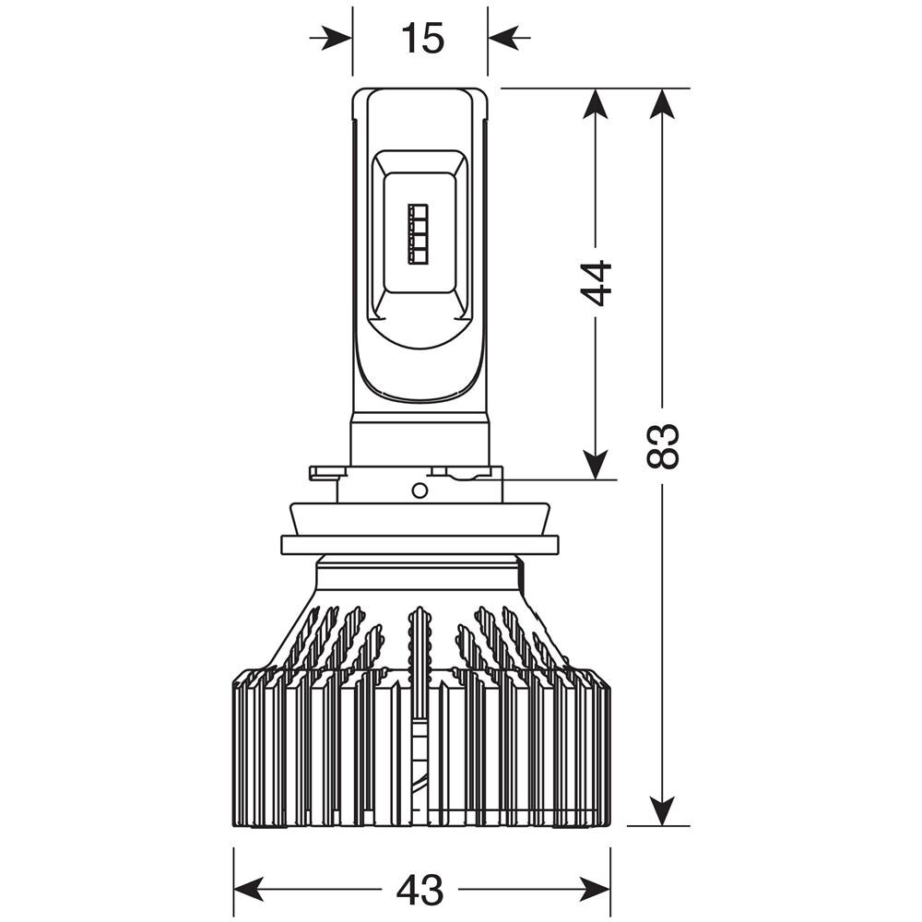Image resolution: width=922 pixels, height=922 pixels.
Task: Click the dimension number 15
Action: [422, 38]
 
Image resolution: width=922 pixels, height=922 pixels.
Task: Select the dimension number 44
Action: [597, 283]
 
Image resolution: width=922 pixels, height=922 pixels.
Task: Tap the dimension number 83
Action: [663, 445]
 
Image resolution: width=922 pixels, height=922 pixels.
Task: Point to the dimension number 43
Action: [420, 890]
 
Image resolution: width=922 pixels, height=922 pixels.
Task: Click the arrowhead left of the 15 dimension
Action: [337, 38]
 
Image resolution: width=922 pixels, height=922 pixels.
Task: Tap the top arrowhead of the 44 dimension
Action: [597, 106]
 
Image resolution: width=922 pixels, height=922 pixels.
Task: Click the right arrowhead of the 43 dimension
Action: [593, 890]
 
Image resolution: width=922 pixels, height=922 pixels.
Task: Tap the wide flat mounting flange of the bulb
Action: [420, 544]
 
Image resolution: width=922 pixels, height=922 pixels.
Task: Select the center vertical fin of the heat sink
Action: [420, 710]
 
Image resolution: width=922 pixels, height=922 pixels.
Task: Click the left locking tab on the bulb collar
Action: [324, 473]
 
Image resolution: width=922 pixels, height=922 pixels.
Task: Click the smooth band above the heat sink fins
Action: [420, 576]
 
